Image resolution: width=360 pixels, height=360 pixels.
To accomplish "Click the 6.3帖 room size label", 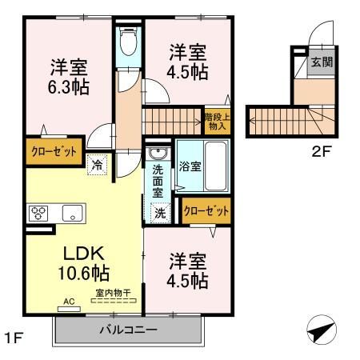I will (x=68, y=86).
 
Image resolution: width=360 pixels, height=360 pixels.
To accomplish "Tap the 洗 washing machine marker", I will (x=160, y=213).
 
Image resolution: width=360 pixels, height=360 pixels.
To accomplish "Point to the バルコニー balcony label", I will (x=128, y=330).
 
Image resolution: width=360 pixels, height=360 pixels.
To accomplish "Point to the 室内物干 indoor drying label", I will (x=113, y=294).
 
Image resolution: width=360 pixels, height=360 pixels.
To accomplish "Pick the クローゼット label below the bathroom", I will (x=206, y=211).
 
